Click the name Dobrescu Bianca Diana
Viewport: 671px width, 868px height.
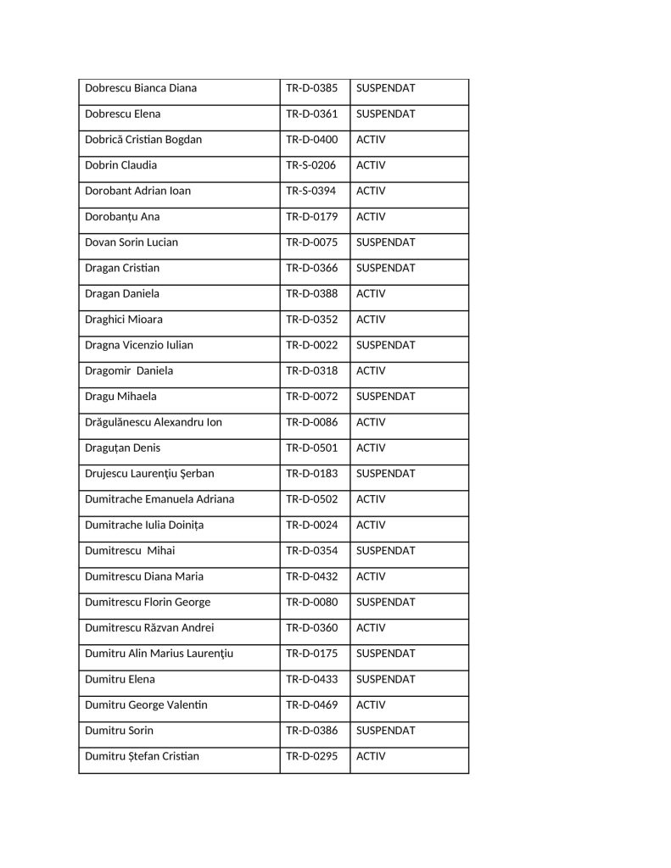click(x=140, y=88)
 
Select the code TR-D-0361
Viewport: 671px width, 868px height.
click(x=311, y=114)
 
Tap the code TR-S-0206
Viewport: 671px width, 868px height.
click(x=311, y=165)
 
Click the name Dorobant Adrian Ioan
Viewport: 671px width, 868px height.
click(x=138, y=191)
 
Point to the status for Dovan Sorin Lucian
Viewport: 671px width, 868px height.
click(x=385, y=242)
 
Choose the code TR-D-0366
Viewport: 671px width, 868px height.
click(x=311, y=268)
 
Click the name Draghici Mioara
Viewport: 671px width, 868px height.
click(x=124, y=320)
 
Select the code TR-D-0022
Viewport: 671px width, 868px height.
click(x=311, y=345)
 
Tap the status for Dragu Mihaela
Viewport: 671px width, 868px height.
click(x=385, y=397)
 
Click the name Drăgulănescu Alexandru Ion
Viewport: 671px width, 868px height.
click(x=154, y=422)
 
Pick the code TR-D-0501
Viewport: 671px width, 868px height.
click(x=311, y=448)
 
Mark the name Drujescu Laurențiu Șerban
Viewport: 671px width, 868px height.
click(x=149, y=474)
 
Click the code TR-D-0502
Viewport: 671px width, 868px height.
click(x=311, y=499)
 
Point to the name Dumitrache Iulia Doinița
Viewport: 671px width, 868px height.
click(x=144, y=526)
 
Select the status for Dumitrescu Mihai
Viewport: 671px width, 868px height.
click(x=385, y=551)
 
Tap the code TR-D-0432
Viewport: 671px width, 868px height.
click(x=311, y=576)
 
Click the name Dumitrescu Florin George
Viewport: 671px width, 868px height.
click(x=148, y=603)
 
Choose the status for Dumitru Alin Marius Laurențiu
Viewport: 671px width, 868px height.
click(x=385, y=654)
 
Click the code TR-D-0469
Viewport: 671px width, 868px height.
click(x=311, y=705)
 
